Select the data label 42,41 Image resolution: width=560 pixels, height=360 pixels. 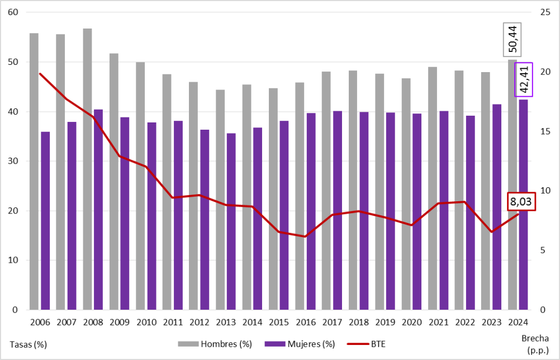524,79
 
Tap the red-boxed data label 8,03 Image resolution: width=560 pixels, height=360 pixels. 521,201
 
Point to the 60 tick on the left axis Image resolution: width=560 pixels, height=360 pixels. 13,13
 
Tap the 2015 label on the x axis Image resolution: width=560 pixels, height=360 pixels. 279,323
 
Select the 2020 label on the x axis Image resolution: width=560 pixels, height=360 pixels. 412,323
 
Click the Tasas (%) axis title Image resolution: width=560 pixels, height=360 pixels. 28,344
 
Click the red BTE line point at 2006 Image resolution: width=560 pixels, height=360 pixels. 40,73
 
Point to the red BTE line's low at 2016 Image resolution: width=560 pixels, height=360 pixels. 305,236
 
